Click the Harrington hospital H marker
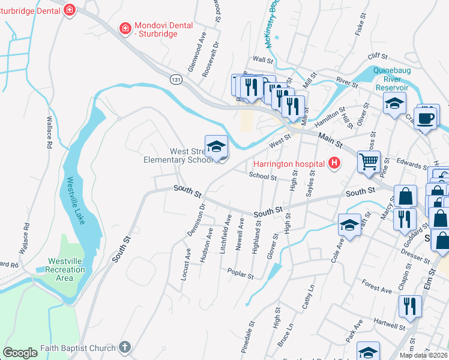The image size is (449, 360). [334, 163]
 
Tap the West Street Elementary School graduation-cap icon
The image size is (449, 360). [217, 146]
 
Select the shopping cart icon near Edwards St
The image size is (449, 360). [369, 160]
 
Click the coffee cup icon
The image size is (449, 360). [426, 118]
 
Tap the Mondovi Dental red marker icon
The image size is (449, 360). [125, 28]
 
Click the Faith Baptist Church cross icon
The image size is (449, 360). [124, 347]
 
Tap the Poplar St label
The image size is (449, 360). [241, 273]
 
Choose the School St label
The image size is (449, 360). [262, 177]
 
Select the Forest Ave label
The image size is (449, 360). [377, 288]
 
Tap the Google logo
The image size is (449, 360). [20, 353]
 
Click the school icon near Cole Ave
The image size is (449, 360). [349, 225]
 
